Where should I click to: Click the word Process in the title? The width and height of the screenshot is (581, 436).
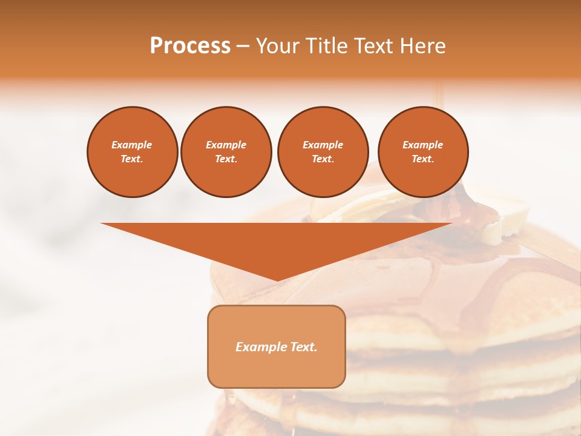coord(190,46)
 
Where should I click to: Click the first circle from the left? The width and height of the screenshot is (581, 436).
coord(132,152)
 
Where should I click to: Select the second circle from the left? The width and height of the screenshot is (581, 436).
coord(226,152)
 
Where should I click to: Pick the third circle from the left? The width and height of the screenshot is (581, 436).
coord(323,152)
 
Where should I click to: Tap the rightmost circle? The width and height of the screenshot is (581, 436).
coord(422,152)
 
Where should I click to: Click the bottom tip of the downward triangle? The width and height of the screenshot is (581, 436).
coord(277,279)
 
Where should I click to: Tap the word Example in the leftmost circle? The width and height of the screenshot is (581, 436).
coord(132,145)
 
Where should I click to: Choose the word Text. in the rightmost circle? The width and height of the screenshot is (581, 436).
coord(422,159)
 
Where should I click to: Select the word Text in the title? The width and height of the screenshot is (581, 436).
coord(375,46)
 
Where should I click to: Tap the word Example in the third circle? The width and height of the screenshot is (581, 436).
coord(323,145)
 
